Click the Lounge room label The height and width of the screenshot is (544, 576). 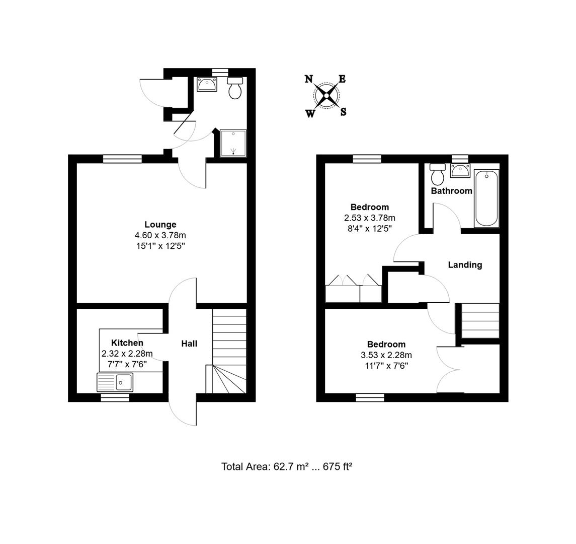click(160, 225)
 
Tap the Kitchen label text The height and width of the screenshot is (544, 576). click(127, 343)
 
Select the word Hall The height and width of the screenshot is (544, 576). click(189, 344)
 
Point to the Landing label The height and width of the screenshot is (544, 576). click(465, 264)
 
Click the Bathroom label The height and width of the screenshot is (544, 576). click(451, 191)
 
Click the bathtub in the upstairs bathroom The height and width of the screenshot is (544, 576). click(486, 198)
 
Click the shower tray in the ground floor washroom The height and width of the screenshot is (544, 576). click(233, 144)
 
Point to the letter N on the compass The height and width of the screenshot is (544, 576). click(309, 79)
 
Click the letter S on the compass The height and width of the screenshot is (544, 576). click(343, 112)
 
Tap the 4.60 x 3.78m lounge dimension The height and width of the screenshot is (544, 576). click(160, 235)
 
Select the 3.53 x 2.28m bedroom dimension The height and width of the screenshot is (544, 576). click(386, 355)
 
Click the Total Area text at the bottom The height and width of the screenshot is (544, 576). click(286, 466)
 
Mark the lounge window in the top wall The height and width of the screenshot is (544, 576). click(122, 159)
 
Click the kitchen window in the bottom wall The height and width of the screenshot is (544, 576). click(115, 397)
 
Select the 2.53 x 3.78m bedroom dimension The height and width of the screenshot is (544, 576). click(369, 218)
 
